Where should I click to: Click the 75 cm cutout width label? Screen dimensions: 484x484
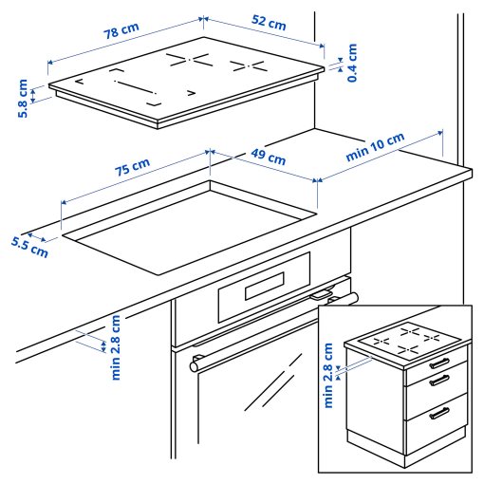[x=133, y=172]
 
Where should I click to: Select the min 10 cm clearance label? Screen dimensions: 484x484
[x=375, y=147]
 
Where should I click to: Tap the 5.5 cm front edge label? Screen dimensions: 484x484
[x=29, y=246]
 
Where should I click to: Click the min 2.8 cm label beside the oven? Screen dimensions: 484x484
[x=116, y=346]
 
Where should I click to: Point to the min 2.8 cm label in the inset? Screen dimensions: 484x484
[x=328, y=374]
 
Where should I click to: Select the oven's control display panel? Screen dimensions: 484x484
[x=265, y=285]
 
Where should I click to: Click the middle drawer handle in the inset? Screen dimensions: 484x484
[x=438, y=381]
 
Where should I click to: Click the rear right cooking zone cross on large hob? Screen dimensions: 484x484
[x=250, y=65]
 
